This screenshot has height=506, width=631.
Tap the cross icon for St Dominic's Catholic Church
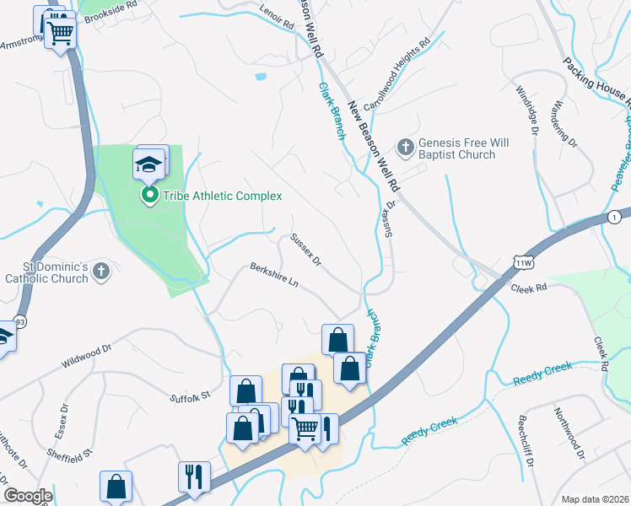click(x=101, y=271)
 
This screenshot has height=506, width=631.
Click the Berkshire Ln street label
click(x=274, y=276)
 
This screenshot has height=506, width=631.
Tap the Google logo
click(x=28, y=496)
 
